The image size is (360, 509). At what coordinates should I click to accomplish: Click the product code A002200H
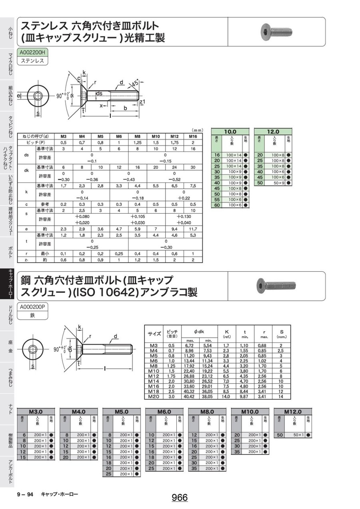[x=32, y=52]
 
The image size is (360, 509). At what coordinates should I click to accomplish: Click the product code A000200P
[x=32, y=307]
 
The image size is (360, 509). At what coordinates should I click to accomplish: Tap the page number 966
[x=180, y=497]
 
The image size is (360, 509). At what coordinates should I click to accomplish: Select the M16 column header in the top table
[x=193, y=136]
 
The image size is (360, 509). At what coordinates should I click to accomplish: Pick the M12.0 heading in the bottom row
[x=293, y=411]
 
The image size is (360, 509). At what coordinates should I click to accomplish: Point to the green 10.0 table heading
[x=230, y=131]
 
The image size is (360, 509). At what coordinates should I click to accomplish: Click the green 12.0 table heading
[x=273, y=131]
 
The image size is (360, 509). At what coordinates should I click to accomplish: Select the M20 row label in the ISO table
[x=154, y=397]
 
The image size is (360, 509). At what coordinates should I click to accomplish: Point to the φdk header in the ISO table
[x=199, y=332]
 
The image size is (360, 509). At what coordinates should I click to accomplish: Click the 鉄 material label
[x=32, y=315]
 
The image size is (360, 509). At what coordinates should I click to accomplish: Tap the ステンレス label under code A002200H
[x=32, y=61]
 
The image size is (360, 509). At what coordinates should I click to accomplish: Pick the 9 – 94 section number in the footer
[x=25, y=495]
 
